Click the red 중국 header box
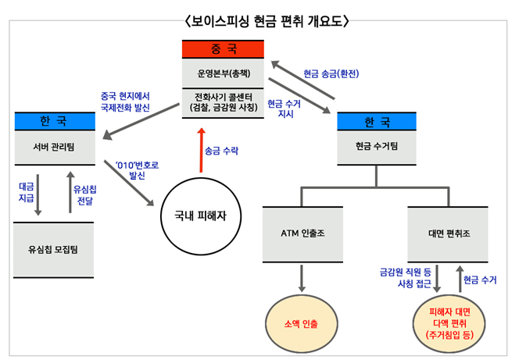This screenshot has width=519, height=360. click(223, 49)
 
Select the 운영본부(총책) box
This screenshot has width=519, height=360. click(223, 73)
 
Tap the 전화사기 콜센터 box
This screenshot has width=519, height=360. click(223, 103)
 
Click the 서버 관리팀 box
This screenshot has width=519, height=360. click(55, 148)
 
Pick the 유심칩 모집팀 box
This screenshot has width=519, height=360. click(54, 250)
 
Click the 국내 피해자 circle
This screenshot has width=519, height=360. click(201, 216)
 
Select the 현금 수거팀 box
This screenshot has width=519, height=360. click(377, 147)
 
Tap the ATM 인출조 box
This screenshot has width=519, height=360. click(302, 234)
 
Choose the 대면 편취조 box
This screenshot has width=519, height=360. click(448, 234)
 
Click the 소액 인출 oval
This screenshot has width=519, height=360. click(302, 323)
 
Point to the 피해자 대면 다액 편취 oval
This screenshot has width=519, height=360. click(449, 323)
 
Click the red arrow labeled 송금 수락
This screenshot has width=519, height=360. click(201, 151)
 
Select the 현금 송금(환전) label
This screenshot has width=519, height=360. click(331, 73)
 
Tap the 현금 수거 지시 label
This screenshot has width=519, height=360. click(284, 109)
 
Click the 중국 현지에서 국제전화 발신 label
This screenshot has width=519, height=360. click(125, 102)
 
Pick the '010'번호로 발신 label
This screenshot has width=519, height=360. click(137, 170)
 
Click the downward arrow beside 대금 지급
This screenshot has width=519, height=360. click(38, 195)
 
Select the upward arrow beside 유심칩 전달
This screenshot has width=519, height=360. click(70, 192)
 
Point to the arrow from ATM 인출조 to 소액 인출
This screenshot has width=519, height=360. click(302, 278)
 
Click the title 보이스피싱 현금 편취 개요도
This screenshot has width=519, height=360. click(267, 21)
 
